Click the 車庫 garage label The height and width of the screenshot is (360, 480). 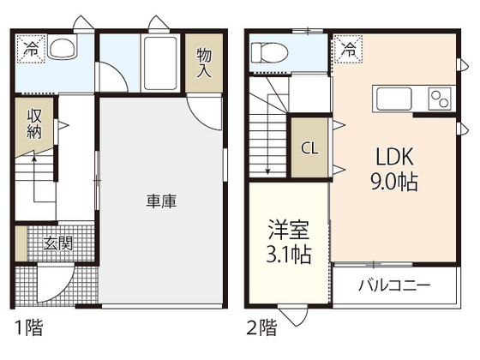(161, 201)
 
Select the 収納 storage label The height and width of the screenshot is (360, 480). (34, 124)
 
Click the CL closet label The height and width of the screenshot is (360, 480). (309, 147)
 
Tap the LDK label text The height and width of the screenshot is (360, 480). (393, 157)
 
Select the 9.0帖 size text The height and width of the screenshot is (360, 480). (393, 181)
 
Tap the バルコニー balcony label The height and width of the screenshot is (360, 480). (394, 285)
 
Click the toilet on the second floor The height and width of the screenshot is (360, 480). (267, 52)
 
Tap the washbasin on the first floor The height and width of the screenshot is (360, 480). (63, 51)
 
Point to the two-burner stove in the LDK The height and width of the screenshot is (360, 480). (441, 97)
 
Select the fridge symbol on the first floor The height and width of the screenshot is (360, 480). (29, 48)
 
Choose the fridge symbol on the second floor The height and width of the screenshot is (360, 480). (349, 49)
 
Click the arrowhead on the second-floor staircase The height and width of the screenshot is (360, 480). (267, 171)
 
